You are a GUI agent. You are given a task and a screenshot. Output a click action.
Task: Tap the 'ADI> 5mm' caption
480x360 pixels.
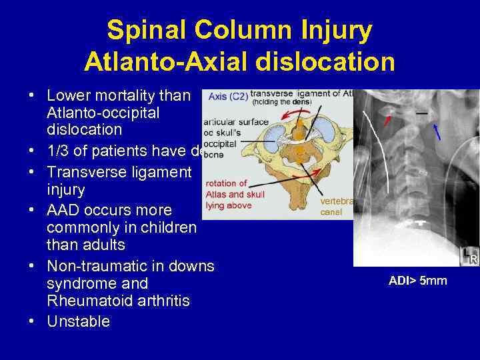click(x=417, y=281)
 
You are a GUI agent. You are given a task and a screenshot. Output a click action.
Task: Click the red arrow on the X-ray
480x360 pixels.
click(x=387, y=120)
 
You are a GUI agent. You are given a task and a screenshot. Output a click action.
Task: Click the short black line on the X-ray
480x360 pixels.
click(x=421, y=113)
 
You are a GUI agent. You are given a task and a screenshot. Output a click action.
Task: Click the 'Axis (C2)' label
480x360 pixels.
click(x=227, y=97)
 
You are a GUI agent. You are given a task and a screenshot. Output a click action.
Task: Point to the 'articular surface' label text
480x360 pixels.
click(x=227, y=121)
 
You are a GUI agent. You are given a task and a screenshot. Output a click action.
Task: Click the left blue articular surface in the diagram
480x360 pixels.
click(x=273, y=136)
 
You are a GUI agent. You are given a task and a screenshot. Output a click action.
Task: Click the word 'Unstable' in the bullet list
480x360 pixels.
click(x=78, y=321)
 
